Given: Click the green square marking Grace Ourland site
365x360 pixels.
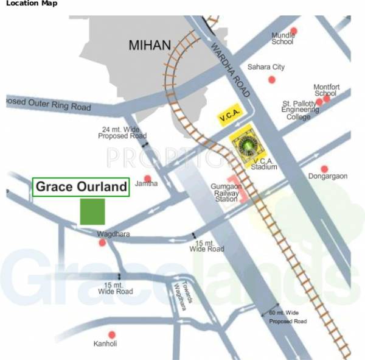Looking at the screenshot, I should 92,211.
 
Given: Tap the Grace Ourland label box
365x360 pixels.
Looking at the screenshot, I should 80,187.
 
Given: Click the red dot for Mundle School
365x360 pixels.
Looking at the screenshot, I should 294,30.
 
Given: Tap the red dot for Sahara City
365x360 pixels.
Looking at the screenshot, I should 272,80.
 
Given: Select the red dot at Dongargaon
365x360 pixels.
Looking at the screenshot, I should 324,168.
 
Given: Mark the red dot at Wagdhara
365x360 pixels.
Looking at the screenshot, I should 102,242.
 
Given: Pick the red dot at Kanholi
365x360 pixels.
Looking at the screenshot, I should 112,334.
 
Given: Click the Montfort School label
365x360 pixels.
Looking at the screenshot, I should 325,90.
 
